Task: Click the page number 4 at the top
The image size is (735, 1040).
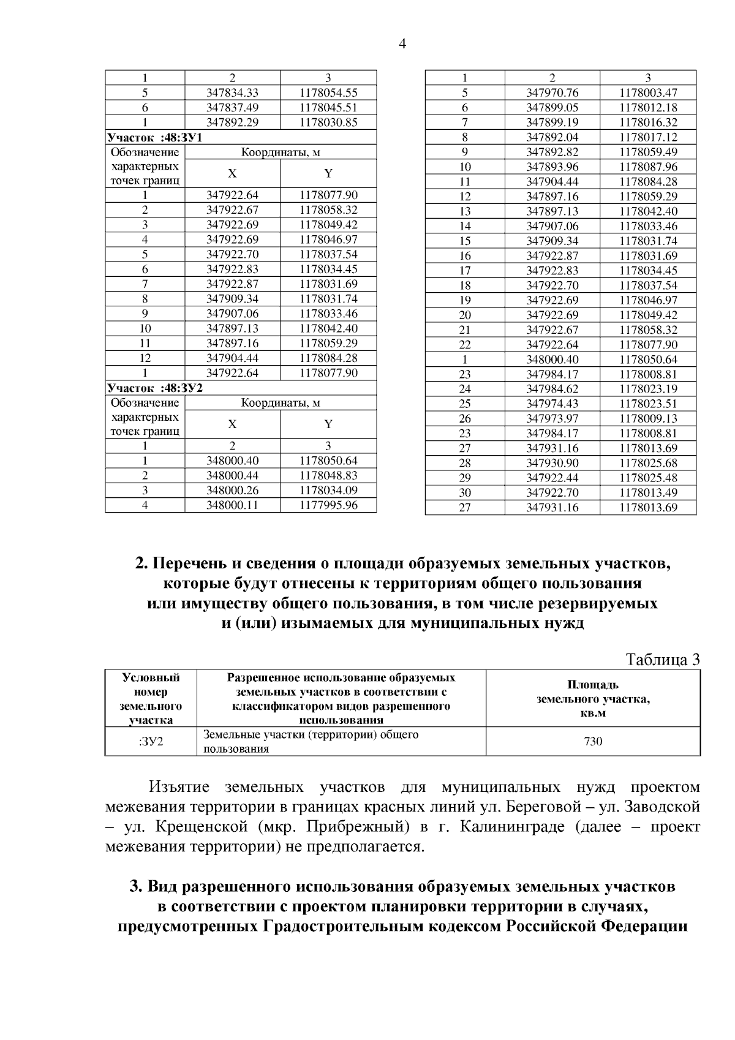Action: (x=402, y=44)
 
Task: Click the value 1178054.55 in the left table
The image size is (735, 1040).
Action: (x=328, y=92)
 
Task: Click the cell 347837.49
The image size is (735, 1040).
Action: (x=232, y=107)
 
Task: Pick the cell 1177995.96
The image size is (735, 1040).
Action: (x=328, y=505)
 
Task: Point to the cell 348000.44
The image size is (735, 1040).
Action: (x=232, y=475)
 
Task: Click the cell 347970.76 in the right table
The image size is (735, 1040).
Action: (x=552, y=93)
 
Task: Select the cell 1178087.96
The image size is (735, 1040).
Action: (x=648, y=167)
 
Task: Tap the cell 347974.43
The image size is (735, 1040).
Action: (x=552, y=404)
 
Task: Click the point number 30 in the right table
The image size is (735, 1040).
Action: (x=465, y=492)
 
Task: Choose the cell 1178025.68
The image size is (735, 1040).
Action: (x=648, y=463)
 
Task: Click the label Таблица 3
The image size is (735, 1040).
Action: (x=662, y=660)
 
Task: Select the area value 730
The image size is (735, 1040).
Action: (x=593, y=742)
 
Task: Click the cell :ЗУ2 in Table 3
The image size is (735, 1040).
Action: (x=151, y=742)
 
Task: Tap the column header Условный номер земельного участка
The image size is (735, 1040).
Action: (x=151, y=699)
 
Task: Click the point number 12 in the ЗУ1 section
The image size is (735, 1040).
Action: (x=145, y=358)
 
